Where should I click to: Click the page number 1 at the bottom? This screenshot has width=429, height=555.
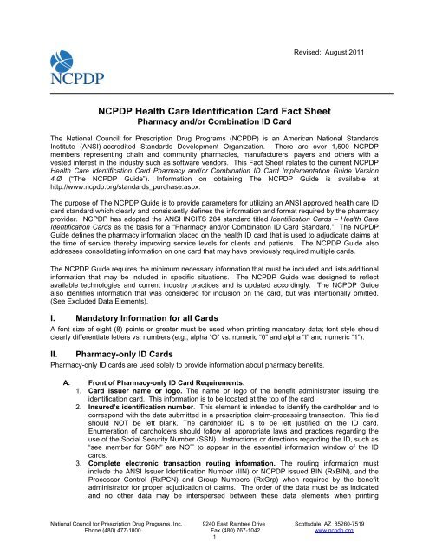[x=214, y=543]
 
